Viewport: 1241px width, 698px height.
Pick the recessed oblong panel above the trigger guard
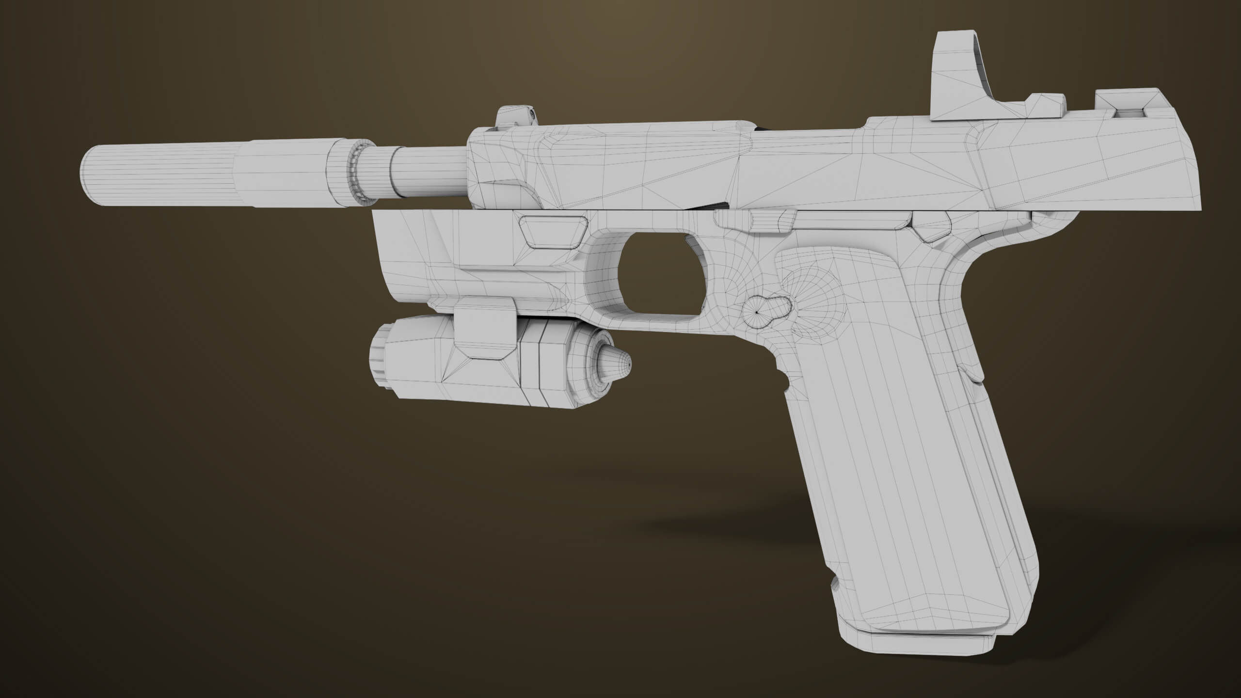point(553,232)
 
